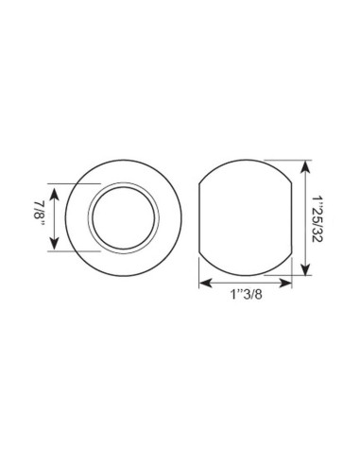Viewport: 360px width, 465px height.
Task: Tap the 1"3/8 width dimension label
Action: click(245, 296)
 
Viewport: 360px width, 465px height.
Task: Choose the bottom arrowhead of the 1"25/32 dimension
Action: click(303, 271)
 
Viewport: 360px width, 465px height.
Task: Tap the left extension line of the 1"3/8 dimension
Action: click(199, 269)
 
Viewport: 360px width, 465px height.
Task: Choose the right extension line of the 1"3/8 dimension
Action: click(291, 269)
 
